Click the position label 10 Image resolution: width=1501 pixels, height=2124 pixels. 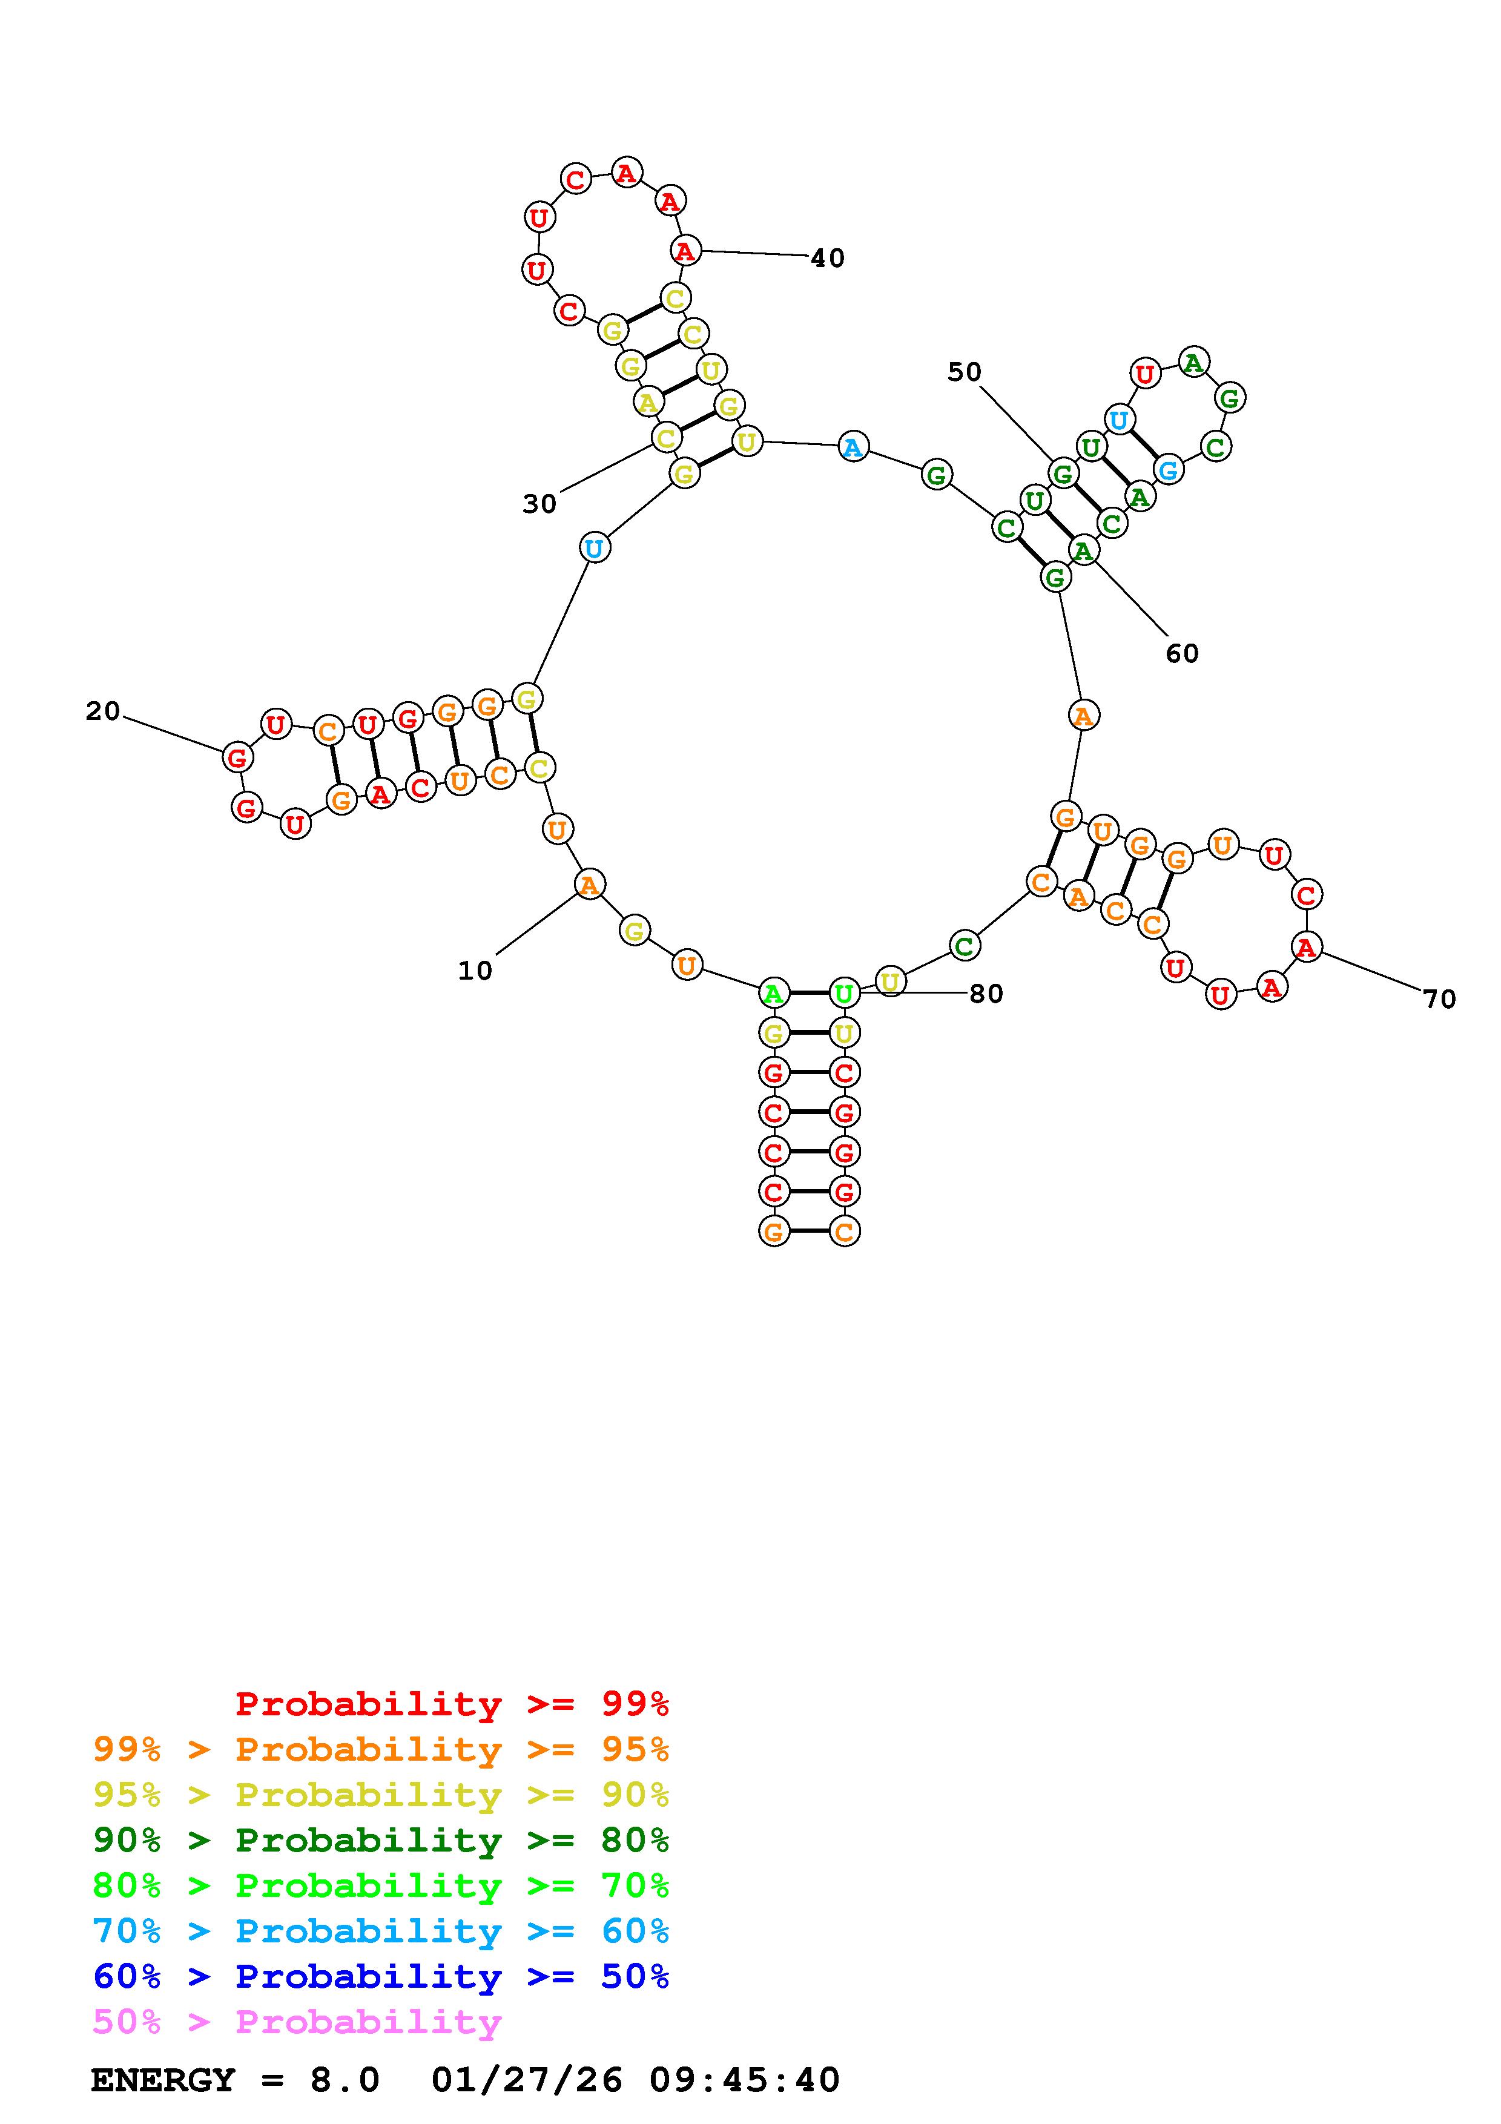coord(475,971)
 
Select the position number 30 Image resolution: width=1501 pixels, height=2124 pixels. coord(539,504)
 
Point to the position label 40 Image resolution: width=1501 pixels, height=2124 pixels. coord(827,258)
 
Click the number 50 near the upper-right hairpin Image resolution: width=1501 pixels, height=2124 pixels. coord(964,372)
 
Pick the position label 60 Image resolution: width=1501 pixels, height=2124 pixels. coord(1181,654)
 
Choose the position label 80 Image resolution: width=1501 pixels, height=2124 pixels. coord(986,994)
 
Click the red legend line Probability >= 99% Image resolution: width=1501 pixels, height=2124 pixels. coord(452,1704)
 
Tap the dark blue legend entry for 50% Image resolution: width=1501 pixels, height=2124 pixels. coord(381,1977)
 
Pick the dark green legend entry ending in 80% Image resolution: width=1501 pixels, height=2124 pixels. coord(381,1840)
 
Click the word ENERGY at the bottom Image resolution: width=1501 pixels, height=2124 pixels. coord(163,2080)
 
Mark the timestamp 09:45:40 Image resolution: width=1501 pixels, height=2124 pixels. coord(745,2080)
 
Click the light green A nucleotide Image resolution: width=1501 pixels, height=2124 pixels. coord(773,994)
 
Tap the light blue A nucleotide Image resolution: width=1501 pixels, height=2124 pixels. coord(853,447)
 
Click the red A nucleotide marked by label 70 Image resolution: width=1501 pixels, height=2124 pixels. coord(1306,946)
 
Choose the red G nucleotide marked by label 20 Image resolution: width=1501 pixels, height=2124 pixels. coord(238,757)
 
